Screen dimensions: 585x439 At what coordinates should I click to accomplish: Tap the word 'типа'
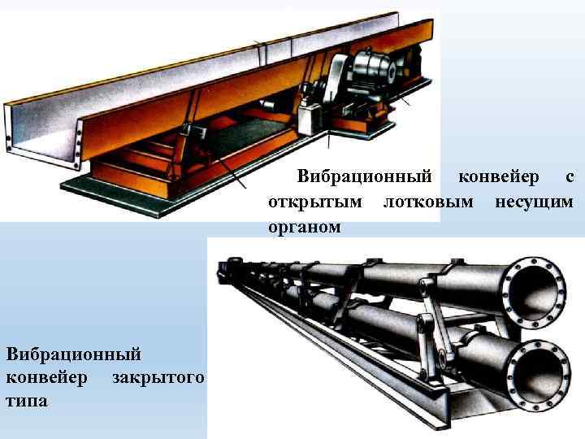pos(27,402)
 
